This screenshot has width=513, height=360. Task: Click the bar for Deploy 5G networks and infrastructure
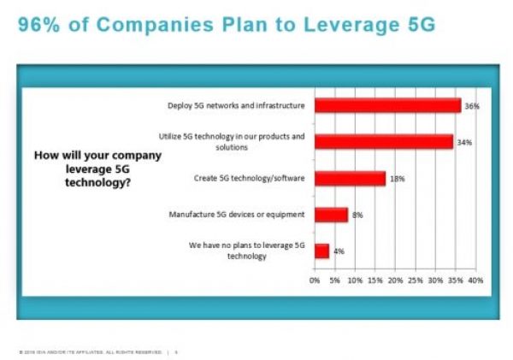tap(387, 105)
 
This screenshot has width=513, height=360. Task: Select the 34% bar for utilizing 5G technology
tap(383, 142)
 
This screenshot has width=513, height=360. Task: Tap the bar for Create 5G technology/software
tap(350, 178)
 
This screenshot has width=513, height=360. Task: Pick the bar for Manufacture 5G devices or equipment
tap(331, 215)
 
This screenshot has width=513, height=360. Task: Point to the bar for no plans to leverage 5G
tap(321, 251)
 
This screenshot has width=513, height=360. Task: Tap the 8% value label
tap(357, 215)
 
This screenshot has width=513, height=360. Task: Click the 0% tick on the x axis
tap(315, 280)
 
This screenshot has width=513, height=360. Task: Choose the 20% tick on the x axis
tap(395, 280)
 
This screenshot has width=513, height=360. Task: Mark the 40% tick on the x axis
tap(475, 280)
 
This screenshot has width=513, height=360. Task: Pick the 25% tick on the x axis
tap(415, 280)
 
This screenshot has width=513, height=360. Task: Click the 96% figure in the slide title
tap(38, 26)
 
